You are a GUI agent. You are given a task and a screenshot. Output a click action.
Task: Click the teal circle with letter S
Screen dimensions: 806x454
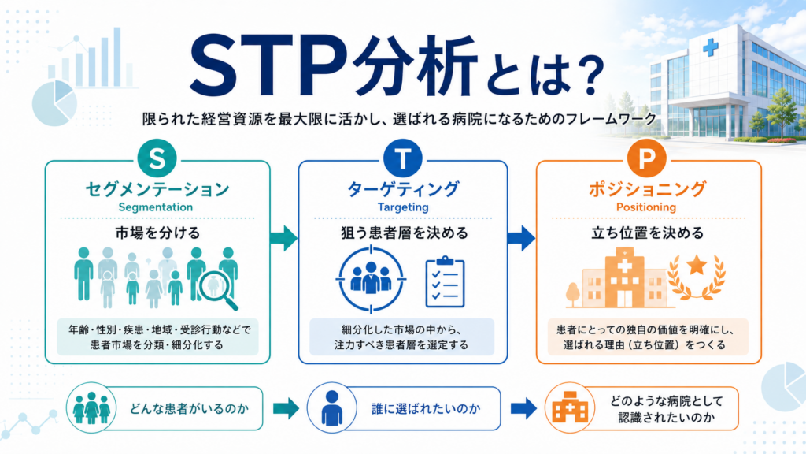click(157, 158)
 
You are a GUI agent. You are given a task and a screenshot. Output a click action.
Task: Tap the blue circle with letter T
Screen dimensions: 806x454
click(403, 158)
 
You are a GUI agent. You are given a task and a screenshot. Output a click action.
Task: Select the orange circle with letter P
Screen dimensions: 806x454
click(646, 158)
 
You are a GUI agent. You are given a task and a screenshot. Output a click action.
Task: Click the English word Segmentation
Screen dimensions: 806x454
click(155, 207)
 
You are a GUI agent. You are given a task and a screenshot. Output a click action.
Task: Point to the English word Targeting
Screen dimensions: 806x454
click(403, 207)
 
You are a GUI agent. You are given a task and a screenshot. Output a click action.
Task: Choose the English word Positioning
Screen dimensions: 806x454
click(646, 207)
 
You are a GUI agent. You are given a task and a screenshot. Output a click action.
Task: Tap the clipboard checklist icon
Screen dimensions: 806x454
click(446, 281)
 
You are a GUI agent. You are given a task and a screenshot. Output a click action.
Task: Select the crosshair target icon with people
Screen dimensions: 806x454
click(372, 280)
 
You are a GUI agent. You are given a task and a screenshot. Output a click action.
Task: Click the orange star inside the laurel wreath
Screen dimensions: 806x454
click(697, 266)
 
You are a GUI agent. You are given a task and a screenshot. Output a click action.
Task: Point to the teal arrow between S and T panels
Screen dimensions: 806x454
click(283, 238)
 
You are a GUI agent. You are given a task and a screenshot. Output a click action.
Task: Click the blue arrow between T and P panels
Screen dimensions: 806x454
click(521, 238)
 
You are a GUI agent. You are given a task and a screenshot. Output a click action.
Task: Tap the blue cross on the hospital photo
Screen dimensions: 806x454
click(711, 48)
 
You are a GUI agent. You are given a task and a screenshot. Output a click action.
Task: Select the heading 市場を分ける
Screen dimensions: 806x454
click(157, 233)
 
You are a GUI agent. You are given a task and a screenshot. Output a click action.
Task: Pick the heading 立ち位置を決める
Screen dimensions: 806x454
click(647, 233)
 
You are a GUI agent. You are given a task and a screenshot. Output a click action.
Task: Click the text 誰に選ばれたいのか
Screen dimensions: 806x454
click(426, 409)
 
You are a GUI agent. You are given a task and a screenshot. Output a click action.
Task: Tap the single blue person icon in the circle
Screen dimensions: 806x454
click(331, 407)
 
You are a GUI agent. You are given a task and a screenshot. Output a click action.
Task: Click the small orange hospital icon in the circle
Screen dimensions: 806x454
click(570, 407)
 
